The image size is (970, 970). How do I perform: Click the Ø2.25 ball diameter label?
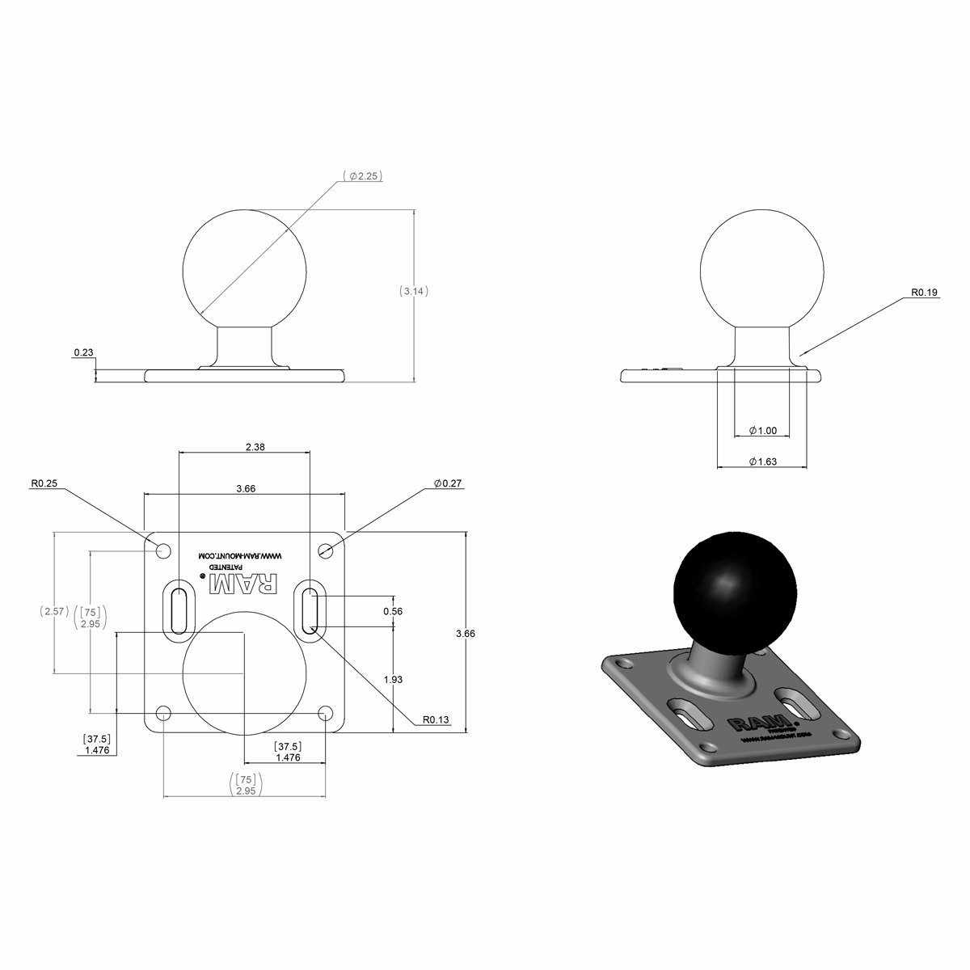pos(361,175)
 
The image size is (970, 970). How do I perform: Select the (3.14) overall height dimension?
pos(414,291)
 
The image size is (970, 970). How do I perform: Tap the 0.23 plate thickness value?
pos(82,352)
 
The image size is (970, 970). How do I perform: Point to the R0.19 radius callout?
pos(924,293)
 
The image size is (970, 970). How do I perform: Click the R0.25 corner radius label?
pos(44,483)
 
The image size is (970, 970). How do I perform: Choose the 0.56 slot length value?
pos(393,611)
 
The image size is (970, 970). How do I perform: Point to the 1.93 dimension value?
pos(393,680)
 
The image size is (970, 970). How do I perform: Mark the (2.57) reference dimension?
pos(54,612)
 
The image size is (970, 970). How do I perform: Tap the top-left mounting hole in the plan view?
pos(163,550)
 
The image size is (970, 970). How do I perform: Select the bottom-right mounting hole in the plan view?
pos(326,713)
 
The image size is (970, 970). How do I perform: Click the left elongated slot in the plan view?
pos(178,611)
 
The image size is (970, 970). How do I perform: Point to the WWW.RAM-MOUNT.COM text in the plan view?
pos(243,556)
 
